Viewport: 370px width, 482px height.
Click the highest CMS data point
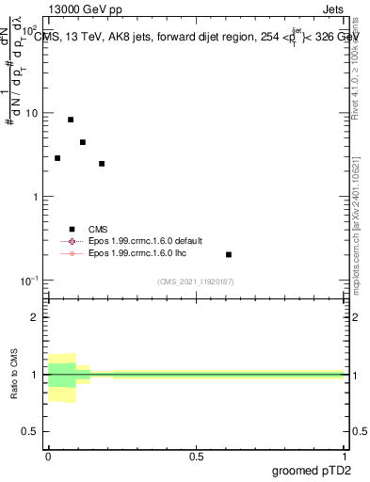pos(71,120)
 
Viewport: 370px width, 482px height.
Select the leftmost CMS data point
pos(57,158)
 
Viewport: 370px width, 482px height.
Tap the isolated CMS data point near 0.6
pos(229,254)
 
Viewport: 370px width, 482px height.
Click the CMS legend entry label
pos(98,229)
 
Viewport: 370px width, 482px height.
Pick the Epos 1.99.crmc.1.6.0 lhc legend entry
pos(134,254)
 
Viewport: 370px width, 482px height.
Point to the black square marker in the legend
pos(72,229)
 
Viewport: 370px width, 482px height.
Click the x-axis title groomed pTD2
pos(311,470)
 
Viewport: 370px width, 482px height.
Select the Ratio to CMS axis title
pos(14,374)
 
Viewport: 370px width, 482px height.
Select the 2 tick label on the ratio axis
pos(37,317)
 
